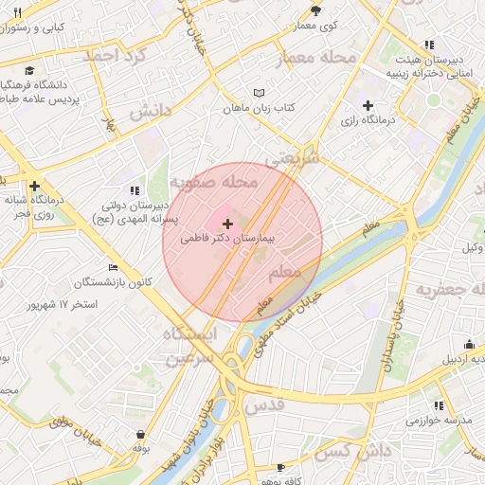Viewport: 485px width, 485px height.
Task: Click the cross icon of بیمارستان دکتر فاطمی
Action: (226, 224)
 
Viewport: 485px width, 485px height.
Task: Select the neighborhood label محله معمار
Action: (315, 59)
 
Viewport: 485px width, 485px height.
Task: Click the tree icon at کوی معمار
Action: (316, 11)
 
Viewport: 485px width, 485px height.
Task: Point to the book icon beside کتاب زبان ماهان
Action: (259, 93)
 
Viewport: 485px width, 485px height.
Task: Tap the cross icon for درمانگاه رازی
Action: (368, 105)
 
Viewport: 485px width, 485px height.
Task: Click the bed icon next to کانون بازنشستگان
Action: (114, 268)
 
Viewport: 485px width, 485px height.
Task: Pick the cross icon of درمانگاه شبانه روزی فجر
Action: (35, 187)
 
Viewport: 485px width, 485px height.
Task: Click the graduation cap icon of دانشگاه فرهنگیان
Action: (30, 70)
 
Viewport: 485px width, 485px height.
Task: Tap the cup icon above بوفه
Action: (140, 434)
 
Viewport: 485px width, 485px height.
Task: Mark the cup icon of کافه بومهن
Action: (280, 468)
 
